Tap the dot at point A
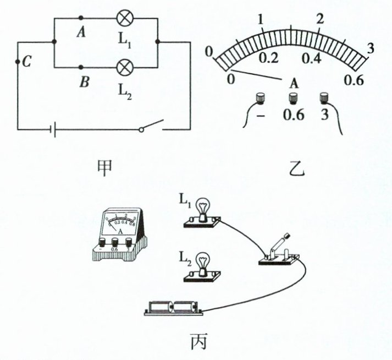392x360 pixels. click(x=81, y=18)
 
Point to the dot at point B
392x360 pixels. click(x=81, y=64)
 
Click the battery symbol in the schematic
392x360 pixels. click(x=51, y=130)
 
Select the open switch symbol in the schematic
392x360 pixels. click(x=152, y=126)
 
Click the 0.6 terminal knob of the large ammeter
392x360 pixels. click(x=293, y=99)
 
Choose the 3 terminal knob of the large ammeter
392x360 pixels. click(x=324, y=99)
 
